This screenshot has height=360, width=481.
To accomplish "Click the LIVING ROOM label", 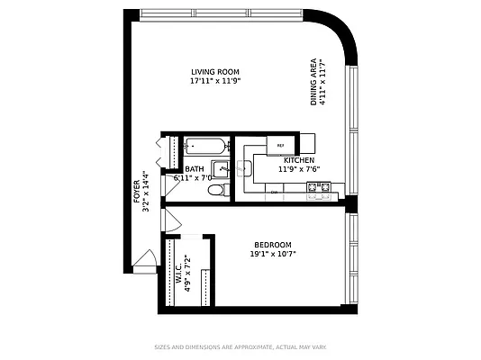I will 215,72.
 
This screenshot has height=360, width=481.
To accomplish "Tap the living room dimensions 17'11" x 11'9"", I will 215,81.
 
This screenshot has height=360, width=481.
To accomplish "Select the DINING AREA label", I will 314,84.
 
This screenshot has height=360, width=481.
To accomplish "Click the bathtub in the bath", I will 205,146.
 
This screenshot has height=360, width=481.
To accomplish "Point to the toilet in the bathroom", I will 215,189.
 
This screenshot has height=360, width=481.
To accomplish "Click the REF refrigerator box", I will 280,146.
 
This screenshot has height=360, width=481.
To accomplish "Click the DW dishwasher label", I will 273,192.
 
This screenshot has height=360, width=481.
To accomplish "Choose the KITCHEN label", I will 299,160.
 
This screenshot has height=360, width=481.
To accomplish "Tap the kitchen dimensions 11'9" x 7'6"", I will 299,169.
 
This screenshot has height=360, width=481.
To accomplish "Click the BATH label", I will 195,169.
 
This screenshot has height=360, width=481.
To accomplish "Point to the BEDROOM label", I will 272,246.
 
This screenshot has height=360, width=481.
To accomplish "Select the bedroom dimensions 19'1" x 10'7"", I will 272,255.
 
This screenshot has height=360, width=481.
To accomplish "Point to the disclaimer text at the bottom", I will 240,346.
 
